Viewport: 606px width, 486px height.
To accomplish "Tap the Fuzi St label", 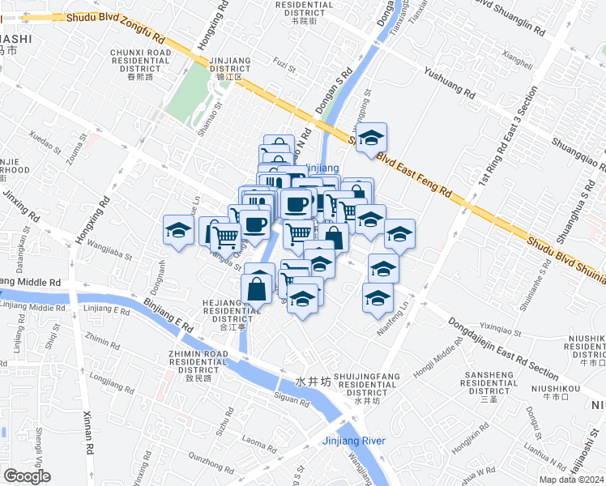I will click(281, 62).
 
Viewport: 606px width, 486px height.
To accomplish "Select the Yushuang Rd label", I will click(449, 82).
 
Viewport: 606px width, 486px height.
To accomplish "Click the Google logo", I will click(28, 476).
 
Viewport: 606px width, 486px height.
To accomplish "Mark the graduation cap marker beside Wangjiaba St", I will click(178, 230).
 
